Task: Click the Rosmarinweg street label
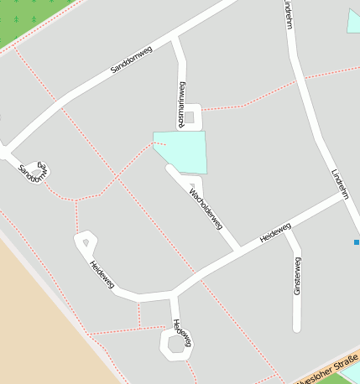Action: click(181, 104)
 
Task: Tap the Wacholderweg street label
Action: click(205, 209)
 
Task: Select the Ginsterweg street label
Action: click(297, 275)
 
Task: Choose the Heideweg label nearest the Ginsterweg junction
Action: click(275, 232)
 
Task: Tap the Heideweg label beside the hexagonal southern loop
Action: click(180, 332)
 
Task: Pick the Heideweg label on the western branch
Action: click(102, 273)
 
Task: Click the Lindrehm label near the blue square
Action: click(340, 184)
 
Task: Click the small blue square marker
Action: click(357, 242)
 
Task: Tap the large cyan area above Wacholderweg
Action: click(182, 150)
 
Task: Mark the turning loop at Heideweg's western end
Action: click(85, 243)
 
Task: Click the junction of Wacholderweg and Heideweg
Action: click(239, 250)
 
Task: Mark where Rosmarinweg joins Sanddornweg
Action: click(175, 39)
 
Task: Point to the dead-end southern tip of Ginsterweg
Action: click(296, 328)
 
